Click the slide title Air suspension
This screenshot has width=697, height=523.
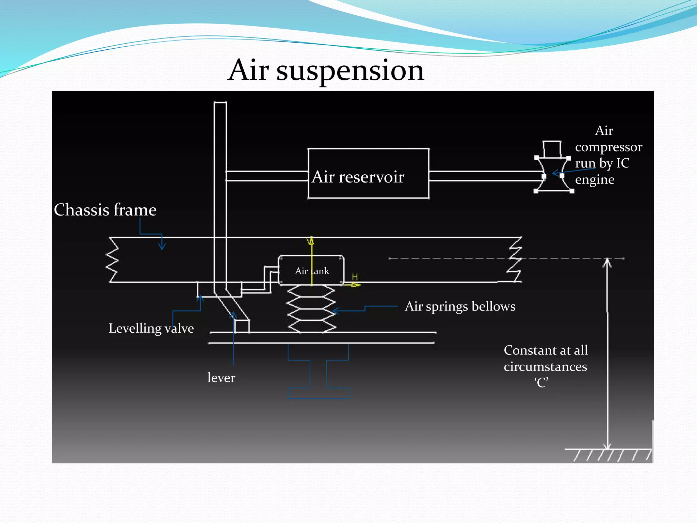pyautogui.click(x=326, y=70)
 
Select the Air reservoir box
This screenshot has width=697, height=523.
pyautogui.click(x=368, y=174)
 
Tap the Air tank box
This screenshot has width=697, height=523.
pyautogui.click(x=311, y=270)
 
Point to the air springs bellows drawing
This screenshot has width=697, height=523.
pyautogui.click(x=312, y=308)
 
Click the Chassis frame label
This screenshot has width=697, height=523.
pyautogui.click(x=105, y=210)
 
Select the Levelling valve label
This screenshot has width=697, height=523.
pyautogui.click(x=151, y=329)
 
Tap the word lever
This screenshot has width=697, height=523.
pyautogui.click(x=221, y=378)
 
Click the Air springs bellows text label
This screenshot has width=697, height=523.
pyautogui.click(x=460, y=306)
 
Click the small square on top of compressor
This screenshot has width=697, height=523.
pyautogui.click(x=552, y=149)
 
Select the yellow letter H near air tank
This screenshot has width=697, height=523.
pyautogui.click(x=355, y=277)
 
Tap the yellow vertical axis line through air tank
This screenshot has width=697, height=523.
pyautogui.click(x=311, y=262)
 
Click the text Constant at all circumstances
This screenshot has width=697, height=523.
pyautogui.click(x=546, y=358)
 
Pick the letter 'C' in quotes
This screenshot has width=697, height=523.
pyautogui.click(x=541, y=383)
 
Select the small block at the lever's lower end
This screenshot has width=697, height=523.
pyautogui.click(x=242, y=326)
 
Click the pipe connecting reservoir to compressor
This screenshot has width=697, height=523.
pyautogui.click(x=485, y=176)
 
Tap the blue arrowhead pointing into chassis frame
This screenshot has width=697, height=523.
pyautogui.click(x=162, y=246)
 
